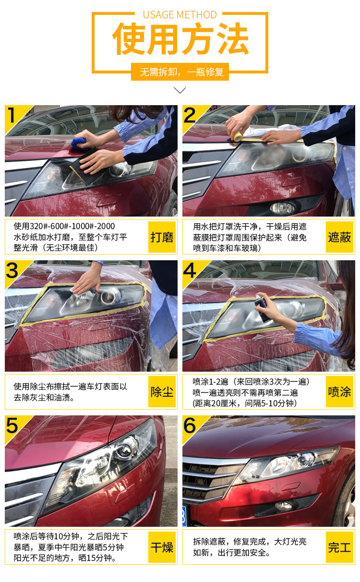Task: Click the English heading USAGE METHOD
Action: point(180,15)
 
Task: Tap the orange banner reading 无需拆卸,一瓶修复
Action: point(180,72)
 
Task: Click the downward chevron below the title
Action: point(180,90)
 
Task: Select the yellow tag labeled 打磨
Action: point(162,237)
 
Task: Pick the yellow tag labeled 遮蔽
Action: point(339,237)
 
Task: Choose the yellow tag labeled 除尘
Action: point(162,391)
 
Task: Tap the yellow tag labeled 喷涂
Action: point(339,391)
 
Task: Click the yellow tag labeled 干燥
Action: point(162,547)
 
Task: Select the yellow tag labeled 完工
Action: point(339,547)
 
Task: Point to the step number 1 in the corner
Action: point(11,115)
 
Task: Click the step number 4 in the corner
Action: point(189,270)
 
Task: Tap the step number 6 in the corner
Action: point(189,425)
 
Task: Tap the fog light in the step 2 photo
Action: point(283,207)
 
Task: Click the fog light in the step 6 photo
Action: point(284,505)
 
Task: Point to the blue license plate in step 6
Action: point(184,516)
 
